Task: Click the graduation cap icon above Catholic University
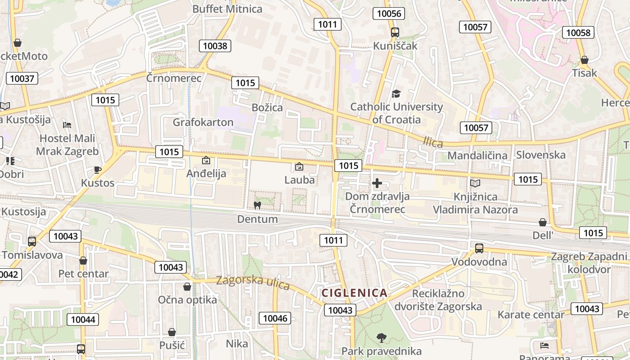point(396,94)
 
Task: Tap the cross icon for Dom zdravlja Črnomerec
point(377,183)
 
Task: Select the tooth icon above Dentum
point(257,206)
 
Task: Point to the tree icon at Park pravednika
point(382,337)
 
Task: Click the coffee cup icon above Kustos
point(98,170)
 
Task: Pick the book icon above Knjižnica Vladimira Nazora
point(475,183)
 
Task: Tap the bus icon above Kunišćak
point(395,32)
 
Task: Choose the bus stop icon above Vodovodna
point(479,248)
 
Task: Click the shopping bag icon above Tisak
point(585,60)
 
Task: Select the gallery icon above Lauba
point(299,166)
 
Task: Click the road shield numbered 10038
point(216,45)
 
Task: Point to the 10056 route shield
point(389,13)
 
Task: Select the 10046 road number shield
point(274,318)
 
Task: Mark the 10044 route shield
point(83,319)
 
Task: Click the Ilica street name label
point(433,142)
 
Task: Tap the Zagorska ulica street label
point(253,282)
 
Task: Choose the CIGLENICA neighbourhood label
point(355,293)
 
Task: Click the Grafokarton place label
point(203,122)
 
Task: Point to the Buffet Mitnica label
point(227,9)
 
